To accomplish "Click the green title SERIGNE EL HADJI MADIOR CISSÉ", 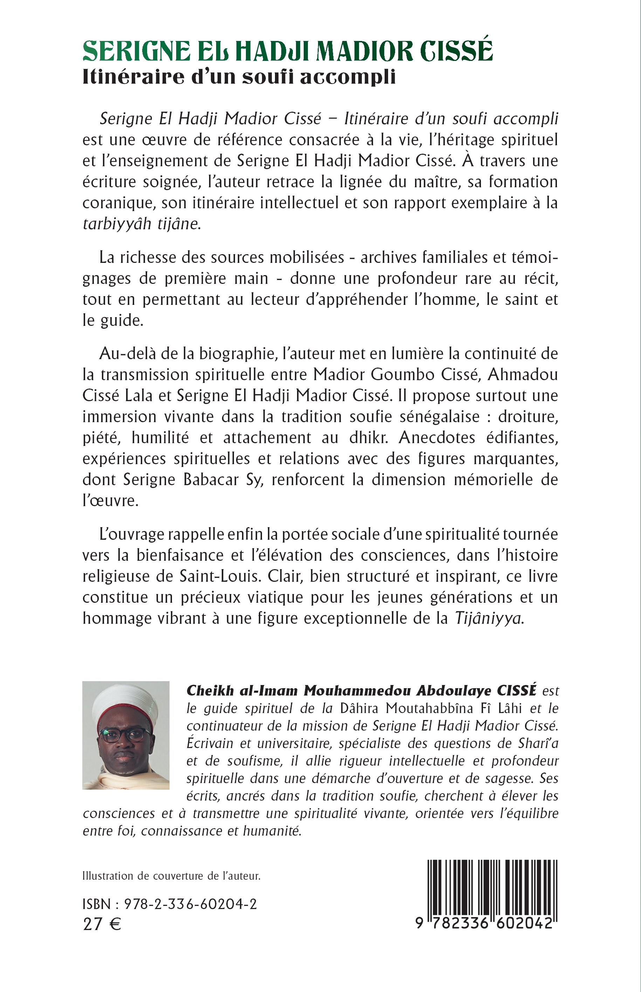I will [x=288, y=51].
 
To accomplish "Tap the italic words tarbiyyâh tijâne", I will [x=142, y=224].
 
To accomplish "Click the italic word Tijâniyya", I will [x=489, y=619].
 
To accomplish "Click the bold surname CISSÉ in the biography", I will [x=516, y=691].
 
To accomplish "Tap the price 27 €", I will [x=102, y=924].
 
